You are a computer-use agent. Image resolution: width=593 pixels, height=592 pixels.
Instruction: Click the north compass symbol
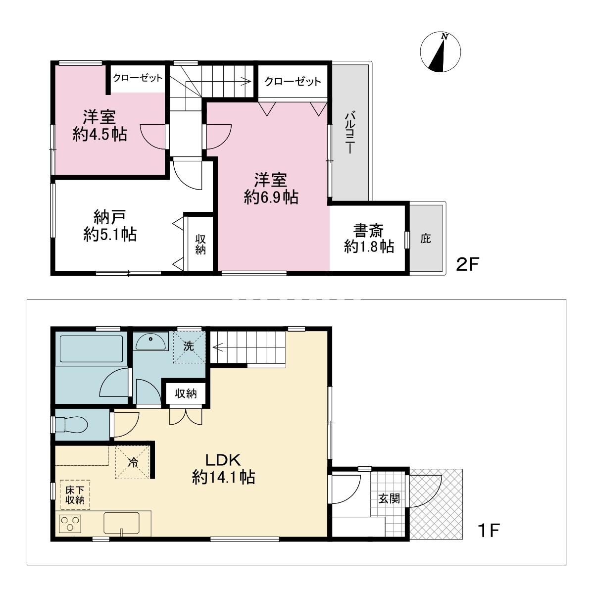(440, 52)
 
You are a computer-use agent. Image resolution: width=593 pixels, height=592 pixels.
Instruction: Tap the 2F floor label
(467, 264)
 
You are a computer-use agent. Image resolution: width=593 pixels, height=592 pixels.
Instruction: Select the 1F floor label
(489, 530)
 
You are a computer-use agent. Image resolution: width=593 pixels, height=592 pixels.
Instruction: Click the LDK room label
(223, 460)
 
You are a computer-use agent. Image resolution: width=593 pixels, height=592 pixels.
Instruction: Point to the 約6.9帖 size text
(271, 197)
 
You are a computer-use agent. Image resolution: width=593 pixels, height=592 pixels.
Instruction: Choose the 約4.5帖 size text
(100, 135)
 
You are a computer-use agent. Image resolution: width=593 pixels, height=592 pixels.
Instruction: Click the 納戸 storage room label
(110, 217)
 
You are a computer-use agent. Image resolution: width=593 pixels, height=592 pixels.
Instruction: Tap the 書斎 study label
(368, 230)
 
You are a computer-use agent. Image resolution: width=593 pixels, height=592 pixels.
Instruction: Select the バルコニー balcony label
(350, 132)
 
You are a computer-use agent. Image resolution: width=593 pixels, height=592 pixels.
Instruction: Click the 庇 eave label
(426, 239)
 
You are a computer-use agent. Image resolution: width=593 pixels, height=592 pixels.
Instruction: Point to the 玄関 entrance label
(389, 498)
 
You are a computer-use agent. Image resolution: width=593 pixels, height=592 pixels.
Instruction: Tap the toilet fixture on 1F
(71, 424)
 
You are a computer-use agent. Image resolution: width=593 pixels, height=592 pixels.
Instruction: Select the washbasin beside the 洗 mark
(150, 342)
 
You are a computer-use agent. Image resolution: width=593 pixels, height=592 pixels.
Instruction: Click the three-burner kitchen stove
(70, 524)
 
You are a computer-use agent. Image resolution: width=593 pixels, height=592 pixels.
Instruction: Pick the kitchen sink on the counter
(122, 523)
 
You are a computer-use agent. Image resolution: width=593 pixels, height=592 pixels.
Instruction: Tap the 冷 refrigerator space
(132, 462)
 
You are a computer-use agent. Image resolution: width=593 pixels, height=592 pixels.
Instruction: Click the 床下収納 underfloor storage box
(75, 495)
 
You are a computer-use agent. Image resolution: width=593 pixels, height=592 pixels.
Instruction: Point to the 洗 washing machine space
(189, 347)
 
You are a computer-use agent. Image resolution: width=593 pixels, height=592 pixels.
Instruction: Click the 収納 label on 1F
(186, 394)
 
